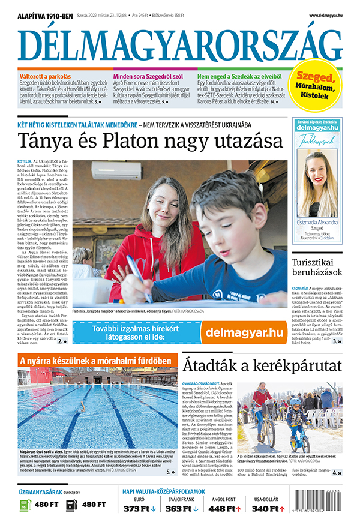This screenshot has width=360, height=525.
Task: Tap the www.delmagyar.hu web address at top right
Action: (x=329, y=16)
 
